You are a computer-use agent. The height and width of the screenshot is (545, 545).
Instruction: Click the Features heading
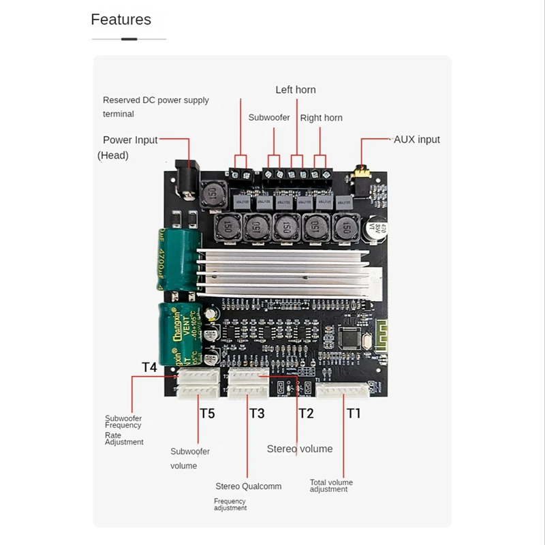121,20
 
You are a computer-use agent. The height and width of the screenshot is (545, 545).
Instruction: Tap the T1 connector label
354,413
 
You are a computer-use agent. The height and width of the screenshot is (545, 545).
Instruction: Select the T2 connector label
306,413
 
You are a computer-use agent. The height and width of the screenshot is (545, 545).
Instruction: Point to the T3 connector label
257,413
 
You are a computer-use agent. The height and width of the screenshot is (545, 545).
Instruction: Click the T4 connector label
149,368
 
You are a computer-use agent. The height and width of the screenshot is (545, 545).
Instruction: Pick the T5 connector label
207,413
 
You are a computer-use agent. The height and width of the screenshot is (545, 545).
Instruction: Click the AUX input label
417,140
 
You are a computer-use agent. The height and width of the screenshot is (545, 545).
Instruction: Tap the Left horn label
296,90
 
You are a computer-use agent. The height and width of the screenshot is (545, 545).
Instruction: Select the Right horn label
322,118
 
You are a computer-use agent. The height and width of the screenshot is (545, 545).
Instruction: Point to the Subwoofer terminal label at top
269,118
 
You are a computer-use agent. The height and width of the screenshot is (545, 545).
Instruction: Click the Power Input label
130,140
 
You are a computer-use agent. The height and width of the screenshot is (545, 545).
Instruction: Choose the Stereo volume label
300,449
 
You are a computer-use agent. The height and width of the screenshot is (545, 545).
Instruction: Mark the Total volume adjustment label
331,486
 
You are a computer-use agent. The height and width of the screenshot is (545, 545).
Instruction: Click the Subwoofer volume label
189,458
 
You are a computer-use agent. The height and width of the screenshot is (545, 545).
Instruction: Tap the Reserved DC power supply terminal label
156,107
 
